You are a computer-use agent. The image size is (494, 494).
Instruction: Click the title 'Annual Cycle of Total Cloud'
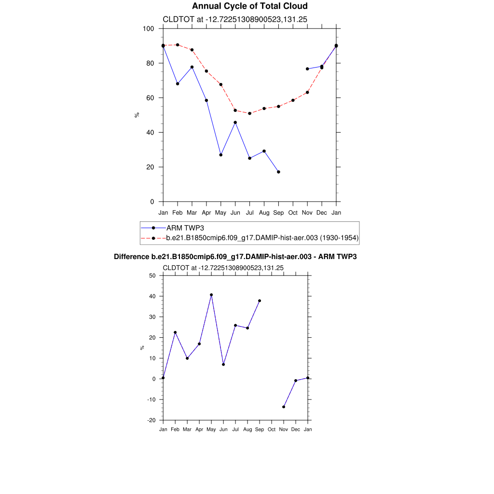(249, 6)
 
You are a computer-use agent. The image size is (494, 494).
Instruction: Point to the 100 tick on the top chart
(149, 28)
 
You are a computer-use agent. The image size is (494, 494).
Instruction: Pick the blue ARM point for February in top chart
(178, 84)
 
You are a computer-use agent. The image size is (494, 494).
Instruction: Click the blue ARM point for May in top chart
(221, 155)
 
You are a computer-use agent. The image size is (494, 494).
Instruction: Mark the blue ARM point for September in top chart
(278, 172)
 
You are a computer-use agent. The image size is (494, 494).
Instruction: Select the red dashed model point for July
(249, 113)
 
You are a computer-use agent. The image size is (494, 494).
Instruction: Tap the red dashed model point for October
(293, 100)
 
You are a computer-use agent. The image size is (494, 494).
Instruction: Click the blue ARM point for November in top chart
(307, 69)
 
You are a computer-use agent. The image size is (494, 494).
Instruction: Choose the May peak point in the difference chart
(211, 295)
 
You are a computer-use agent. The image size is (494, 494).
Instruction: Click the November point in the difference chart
(284, 407)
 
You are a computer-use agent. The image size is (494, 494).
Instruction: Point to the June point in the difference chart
(223, 364)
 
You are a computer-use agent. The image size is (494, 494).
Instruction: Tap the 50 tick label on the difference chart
(152, 275)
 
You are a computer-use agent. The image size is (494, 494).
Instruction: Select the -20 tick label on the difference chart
(151, 420)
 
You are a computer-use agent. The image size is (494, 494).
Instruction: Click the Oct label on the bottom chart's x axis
(272, 429)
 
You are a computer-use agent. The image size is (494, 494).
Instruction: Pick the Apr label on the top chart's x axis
(206, 212)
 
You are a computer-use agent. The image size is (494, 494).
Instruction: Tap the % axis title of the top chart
(137, 115)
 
